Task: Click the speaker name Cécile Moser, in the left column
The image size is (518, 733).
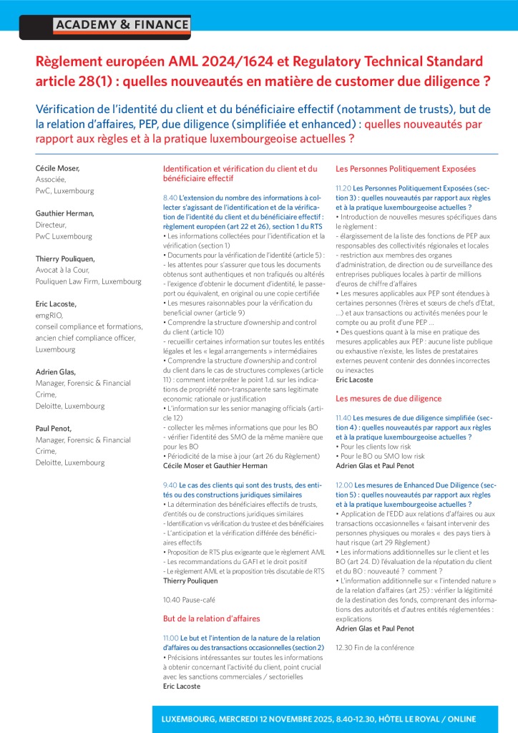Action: (x=58, y=168)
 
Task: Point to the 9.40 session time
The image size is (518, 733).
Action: (x=170, y=485)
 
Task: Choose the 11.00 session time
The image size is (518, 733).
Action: (x=171, y=636)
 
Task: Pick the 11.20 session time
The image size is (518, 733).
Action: (x=343, y=188)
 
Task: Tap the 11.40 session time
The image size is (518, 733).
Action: (x=343, y=417)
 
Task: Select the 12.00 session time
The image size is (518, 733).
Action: (x=343, y=485)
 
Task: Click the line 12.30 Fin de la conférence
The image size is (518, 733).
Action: (x=374, y=647)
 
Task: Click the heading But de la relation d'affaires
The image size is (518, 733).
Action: (x=211, y=618)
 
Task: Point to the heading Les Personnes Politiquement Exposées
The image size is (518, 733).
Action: (x=405, y=169)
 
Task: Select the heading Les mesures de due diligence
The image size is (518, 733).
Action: (x=388, y=398)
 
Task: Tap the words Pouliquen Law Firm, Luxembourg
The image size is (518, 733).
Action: (x=88, y=281)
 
